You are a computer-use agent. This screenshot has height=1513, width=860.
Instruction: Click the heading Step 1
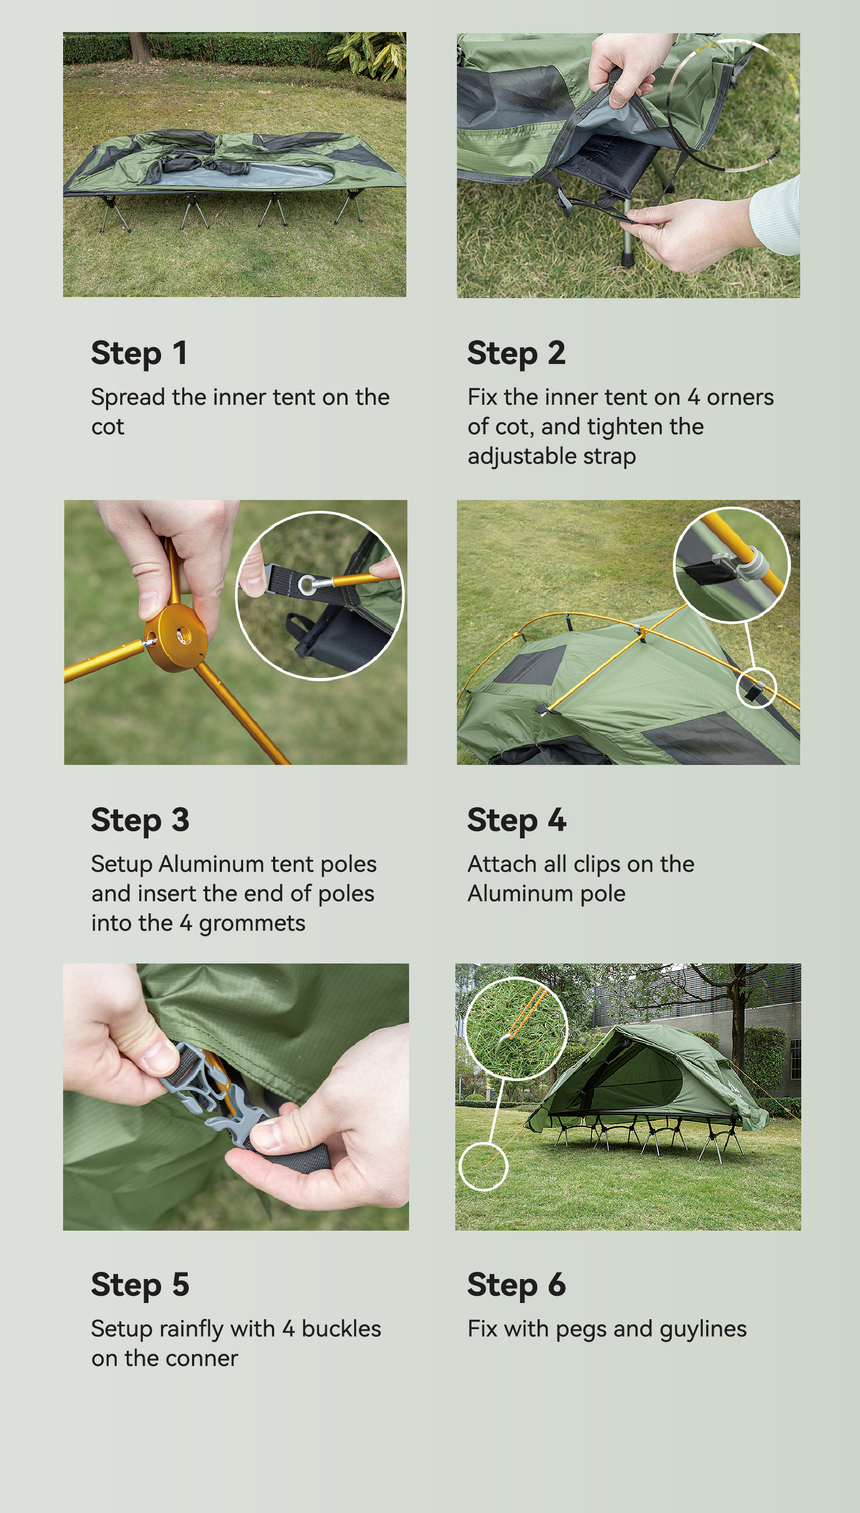[x=139, y=353]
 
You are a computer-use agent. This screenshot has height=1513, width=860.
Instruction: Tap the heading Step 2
[x=516, y=353]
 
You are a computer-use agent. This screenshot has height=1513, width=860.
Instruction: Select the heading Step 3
[x=140, y=820]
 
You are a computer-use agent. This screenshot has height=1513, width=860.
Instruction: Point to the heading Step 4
[x=516, y=820]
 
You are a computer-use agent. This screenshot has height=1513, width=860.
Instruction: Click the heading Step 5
[x=140, y=1285]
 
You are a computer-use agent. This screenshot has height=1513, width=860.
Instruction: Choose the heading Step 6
[x=516, y=1285]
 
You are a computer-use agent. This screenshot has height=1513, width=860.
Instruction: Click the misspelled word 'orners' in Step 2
[x=740, y=398]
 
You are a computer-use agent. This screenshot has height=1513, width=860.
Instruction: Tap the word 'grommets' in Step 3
[x=252, y=924]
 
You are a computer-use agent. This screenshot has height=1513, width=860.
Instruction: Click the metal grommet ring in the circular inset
[x=307, y=585]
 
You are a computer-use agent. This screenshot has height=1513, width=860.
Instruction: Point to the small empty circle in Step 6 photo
[x=483, y=1166]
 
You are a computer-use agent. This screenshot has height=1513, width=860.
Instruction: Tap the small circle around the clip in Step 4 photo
[x=757, y=687]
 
